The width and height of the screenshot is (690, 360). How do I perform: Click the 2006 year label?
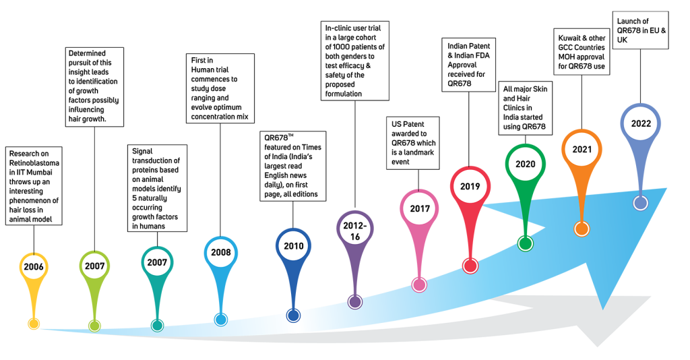coord(34,267)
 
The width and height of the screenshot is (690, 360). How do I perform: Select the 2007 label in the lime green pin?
coord(95,266)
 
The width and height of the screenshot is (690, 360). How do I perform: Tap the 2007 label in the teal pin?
coord(157,262)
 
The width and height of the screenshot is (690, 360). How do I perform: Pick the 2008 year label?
coord(220,253)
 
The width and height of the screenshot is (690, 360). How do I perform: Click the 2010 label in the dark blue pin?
coord(294,246)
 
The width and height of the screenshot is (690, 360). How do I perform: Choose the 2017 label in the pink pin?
coord(420,209)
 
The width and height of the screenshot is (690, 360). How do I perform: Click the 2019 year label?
coord(470,186)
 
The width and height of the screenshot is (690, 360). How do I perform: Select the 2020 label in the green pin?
coord(526,164)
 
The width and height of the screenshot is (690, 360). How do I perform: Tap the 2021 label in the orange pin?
coord(582,149)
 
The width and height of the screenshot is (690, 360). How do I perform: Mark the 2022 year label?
coord(641,123)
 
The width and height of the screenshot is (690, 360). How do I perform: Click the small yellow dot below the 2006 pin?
coord(34,324)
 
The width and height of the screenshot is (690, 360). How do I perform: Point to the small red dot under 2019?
coord(470,266)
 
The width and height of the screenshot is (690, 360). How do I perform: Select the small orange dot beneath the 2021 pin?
coord(582,229)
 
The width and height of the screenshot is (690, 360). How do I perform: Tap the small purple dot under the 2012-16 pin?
coord(355,302)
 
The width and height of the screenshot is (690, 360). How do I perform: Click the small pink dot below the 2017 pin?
coord(419,284)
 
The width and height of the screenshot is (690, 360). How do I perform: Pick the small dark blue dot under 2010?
coord(293,315)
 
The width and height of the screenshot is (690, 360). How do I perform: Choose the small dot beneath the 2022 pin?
coord(640,203)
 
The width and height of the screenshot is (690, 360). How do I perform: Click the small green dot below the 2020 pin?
coord(526,243)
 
